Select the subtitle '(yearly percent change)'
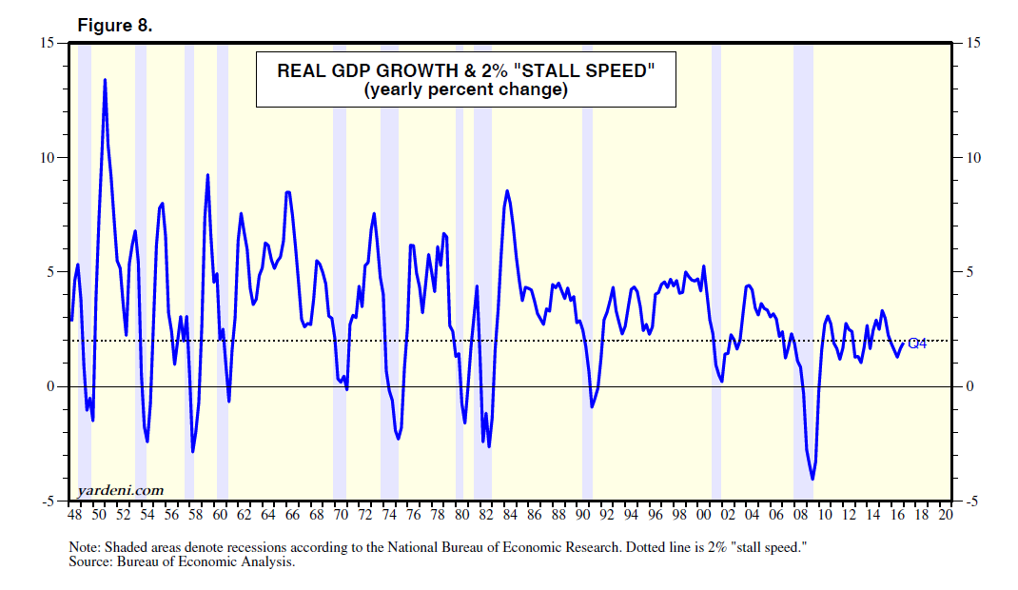point(465,90)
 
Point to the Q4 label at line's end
point(917,344)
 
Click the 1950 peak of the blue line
point(105,80)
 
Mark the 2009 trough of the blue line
point(812,479)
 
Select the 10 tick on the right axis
point(972,158)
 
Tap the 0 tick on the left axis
point(52,387)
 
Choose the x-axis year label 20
point(945,515)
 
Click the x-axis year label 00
point(703,515)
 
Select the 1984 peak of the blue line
point(507,191)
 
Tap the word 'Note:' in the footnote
point(87,549)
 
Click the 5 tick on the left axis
point(52,272)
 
